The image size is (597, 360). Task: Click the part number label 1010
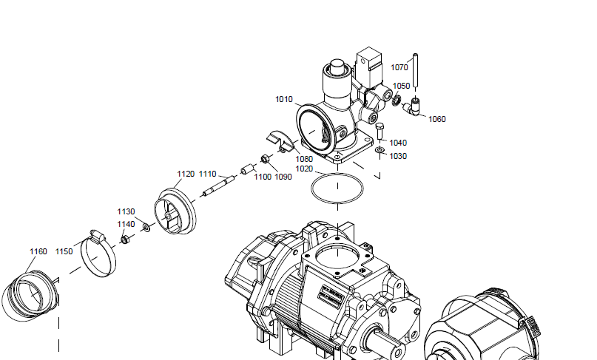point(284,99)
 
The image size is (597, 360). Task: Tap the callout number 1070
point(399,67)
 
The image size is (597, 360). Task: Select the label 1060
point(437,119)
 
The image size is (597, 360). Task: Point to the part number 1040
point(398,143)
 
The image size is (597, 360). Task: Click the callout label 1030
point(398,156)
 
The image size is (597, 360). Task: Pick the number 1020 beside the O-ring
point(304,169)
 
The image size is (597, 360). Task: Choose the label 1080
point(304,158)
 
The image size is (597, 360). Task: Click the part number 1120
point(186,174)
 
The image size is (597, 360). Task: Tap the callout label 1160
point(38,252)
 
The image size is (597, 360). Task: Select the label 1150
point(64,251)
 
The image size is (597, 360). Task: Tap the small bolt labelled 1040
point(380,134)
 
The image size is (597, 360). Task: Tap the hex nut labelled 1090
point(262,159)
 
